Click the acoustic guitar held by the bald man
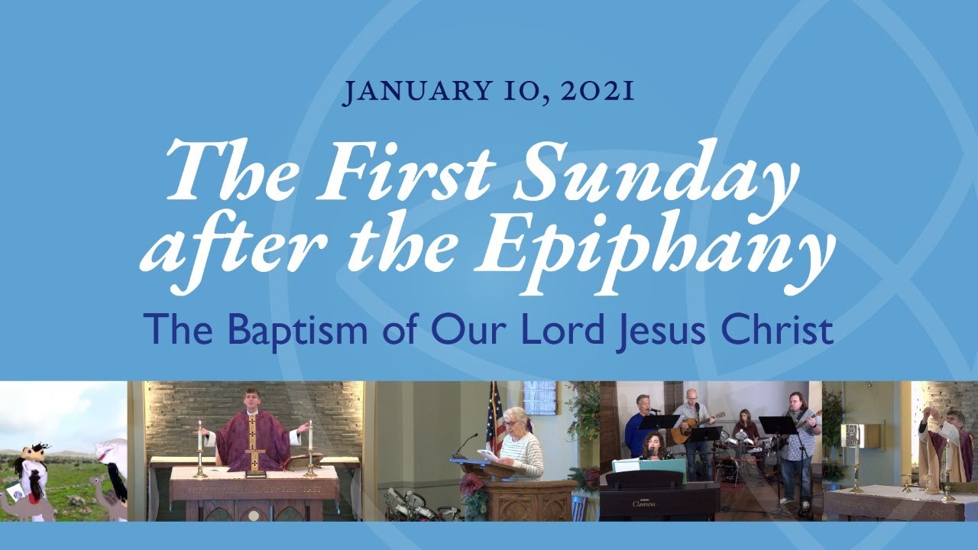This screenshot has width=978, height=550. click(691, 428)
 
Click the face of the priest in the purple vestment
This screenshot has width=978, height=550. click(252, 400)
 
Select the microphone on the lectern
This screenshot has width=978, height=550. click(467, 444)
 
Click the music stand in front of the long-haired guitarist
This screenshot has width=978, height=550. click(778, 425)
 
